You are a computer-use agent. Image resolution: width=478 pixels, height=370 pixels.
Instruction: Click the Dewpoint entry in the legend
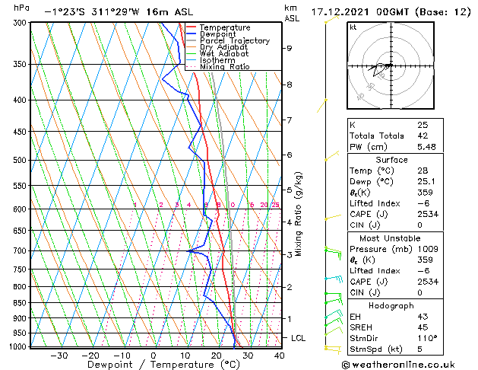pyautogui.click(x=220, y=34)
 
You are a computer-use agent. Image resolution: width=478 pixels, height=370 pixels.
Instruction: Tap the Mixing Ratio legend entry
pyautogui.click(x=224, y=67)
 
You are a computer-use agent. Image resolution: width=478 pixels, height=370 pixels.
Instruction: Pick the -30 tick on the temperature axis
pyautogui.click(x=59, y=356)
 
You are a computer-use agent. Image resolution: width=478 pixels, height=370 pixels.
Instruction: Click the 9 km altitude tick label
pyautogui.click(x=290, y=48)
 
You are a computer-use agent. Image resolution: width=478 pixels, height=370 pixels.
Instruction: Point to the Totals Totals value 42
pyautogui.click(x=422, y=136)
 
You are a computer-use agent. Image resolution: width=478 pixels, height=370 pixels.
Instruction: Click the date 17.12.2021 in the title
pyautogui.click(x=355, y=12)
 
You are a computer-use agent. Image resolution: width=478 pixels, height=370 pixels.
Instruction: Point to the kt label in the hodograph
pyautogui.click(x=353, y=27)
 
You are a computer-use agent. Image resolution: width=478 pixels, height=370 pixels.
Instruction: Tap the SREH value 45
pyautogui.click(x=422, y=327)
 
